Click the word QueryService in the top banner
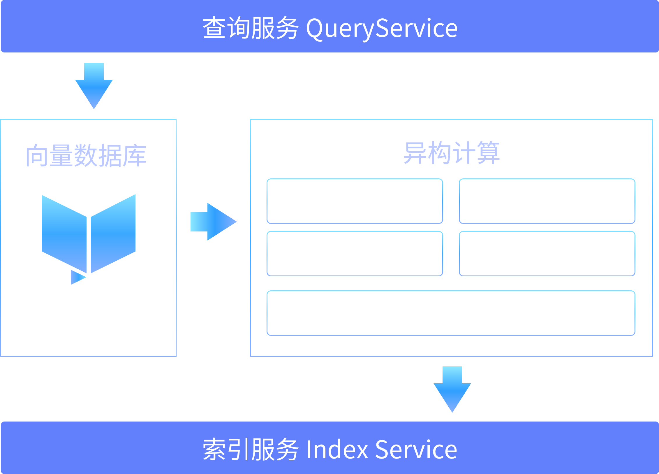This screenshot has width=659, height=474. [382, 29]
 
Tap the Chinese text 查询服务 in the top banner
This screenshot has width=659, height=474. [251, 28]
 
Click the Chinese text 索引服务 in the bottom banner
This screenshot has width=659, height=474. [251, 449]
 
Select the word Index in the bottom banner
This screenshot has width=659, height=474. [337, 449]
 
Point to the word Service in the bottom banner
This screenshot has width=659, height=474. [416, 449]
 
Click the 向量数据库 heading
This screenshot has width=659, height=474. [86, 156]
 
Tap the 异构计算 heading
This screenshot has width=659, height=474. [452, 153]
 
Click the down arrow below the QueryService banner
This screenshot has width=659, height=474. [94, 86]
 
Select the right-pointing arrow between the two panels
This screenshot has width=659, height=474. [214, 222]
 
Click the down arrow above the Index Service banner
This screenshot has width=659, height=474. [452, 389]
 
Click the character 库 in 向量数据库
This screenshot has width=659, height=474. [134, 156]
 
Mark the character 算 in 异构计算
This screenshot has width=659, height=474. [488, 153]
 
